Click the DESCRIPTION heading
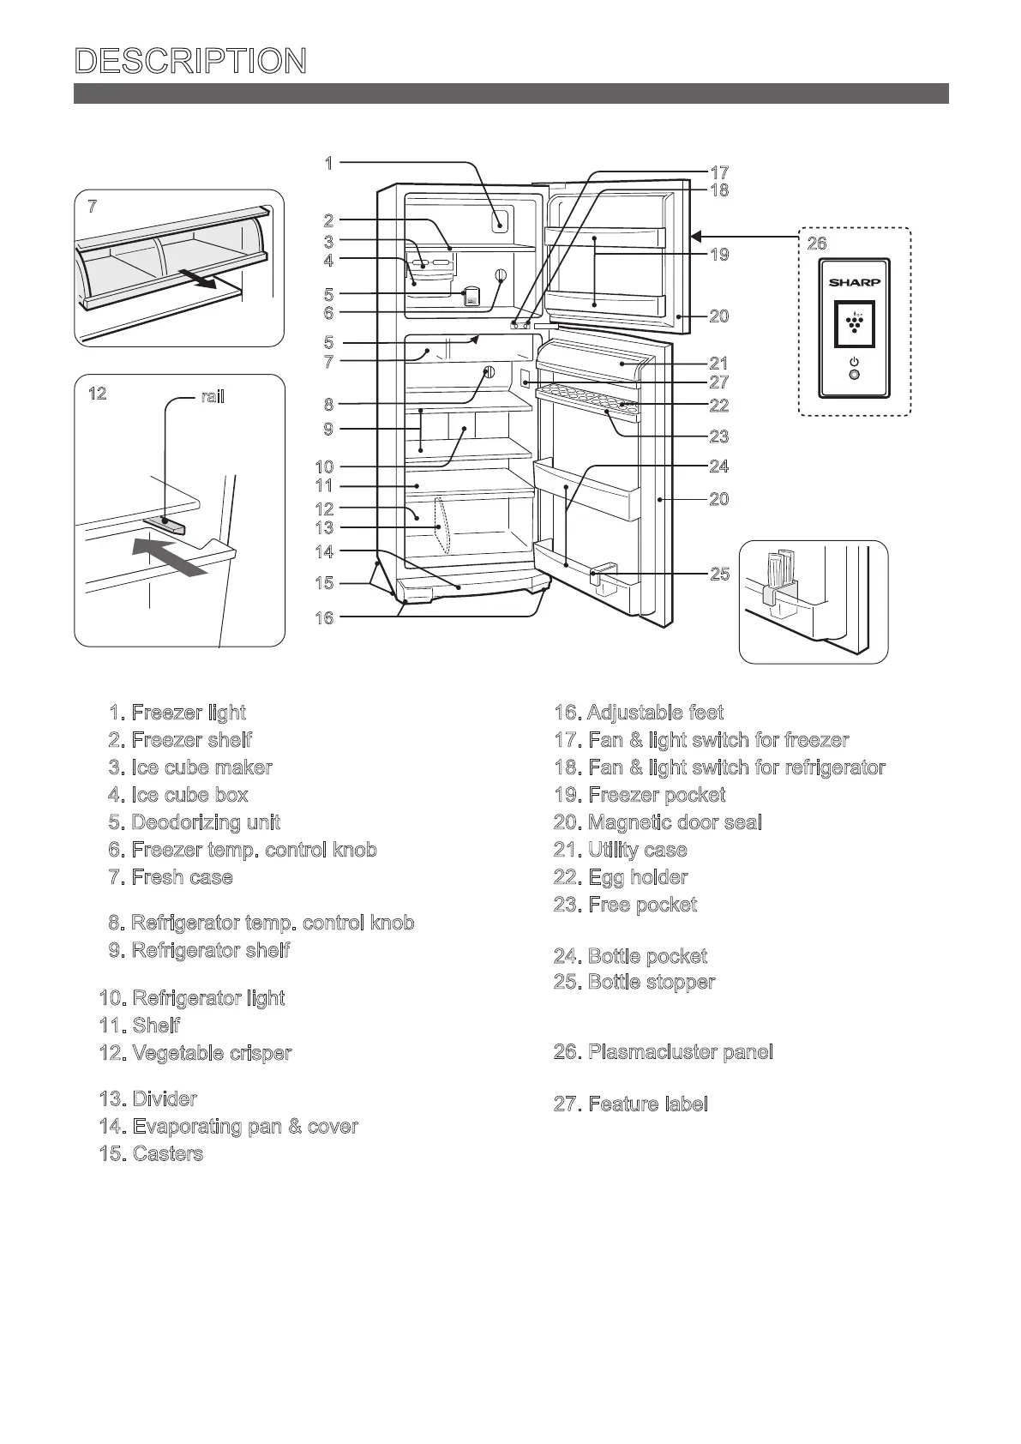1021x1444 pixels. point(190,62)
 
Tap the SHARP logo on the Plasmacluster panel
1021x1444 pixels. point(854,282)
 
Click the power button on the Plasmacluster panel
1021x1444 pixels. point(853,375)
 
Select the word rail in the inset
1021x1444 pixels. point(213,397)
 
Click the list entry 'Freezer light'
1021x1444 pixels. point(177,713)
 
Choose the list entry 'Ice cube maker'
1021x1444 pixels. point(190,767)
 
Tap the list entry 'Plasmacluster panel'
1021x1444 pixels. point(664,1052)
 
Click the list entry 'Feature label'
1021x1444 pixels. point(631,1104)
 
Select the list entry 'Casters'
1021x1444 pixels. point(152,1153)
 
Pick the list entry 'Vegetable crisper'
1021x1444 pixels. point(195,1053)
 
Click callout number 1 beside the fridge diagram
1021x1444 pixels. point(328,162)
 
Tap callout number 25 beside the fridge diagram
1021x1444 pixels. point(720,574)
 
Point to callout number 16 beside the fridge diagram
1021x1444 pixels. point(324,617)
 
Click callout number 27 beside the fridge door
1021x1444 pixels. point(718,382)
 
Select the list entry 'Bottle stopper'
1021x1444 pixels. point(634,983)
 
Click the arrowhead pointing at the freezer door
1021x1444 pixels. point(698,235)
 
